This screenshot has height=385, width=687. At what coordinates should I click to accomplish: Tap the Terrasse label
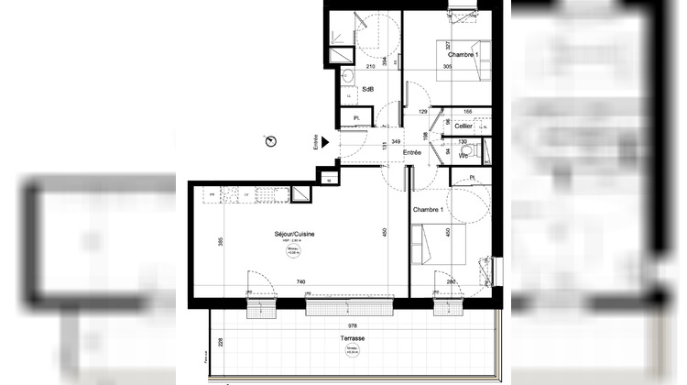point(352,337)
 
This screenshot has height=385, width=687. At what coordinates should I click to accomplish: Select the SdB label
point(367,89)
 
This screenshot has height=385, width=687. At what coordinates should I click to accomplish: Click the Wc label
point(463,156)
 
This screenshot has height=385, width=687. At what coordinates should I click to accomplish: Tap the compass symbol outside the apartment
point(270,140)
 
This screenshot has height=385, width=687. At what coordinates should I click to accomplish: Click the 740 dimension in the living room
point(300,281)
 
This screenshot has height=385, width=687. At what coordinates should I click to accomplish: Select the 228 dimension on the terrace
point(220,344)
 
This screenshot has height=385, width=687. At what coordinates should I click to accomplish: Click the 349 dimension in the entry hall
point(396,141)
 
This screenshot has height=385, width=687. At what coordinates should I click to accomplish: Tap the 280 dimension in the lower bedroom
point(452,281)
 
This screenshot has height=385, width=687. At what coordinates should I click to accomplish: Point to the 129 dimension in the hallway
point(423,112)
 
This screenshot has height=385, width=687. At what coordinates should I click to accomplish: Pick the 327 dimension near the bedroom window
point(448,45)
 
